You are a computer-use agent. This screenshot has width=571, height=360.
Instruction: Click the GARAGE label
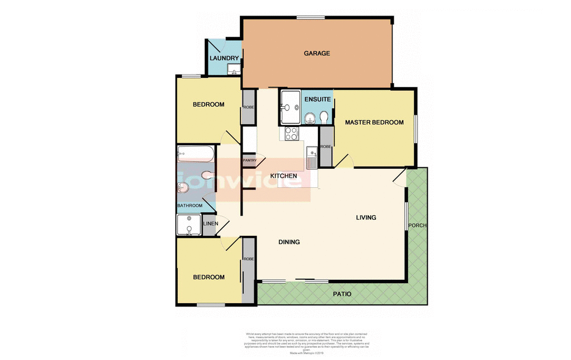point(317,53)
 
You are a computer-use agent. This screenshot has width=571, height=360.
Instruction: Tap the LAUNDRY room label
point(224,59)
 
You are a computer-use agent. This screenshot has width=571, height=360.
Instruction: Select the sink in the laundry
point(234,70)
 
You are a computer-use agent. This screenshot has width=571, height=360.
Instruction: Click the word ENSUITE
point(318,99)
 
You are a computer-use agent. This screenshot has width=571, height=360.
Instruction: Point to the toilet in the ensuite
point(324,116)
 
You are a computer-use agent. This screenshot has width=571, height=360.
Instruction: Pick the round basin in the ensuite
point(309,117)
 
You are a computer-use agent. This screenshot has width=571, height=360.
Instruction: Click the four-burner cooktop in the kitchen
point(292,134)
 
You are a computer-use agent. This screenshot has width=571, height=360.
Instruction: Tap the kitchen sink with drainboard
point(311,156)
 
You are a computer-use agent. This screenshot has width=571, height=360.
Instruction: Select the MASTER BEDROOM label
point(374,122)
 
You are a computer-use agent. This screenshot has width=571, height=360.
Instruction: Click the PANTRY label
point(249,161)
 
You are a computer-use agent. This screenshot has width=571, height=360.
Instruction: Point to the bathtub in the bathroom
point(195,154)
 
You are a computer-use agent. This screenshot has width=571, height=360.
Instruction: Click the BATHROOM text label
point(190,206)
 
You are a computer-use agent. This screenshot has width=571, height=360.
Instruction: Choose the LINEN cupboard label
point(209,224)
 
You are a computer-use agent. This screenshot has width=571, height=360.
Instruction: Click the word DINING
point(289,242)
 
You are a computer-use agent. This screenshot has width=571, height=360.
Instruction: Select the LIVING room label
point(366,217)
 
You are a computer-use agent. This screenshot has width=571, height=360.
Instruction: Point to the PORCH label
point(417,226)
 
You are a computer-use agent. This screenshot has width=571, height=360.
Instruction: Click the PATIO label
point(342,294)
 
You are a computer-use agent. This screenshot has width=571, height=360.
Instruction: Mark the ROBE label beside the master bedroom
point(326,147)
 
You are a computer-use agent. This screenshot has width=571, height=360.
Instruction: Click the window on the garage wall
point(310,18)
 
